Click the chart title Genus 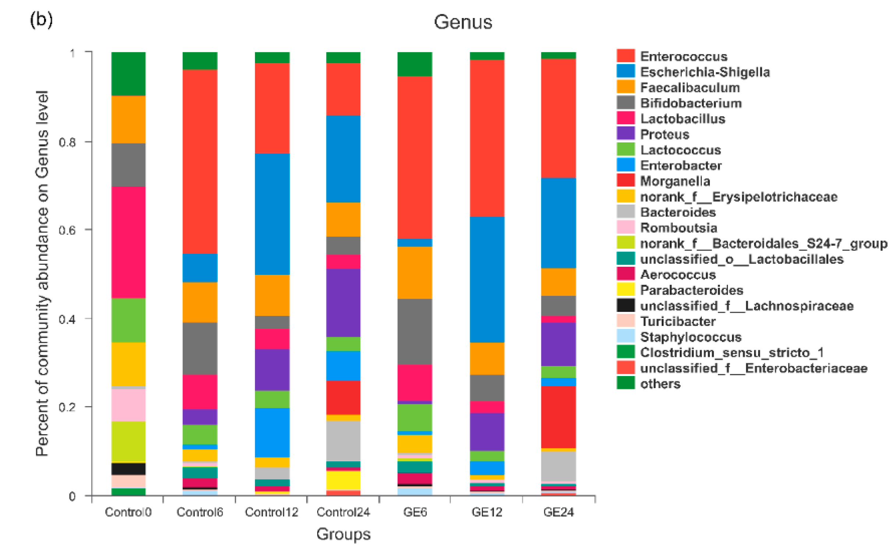[463, 22]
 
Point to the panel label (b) [41, 19]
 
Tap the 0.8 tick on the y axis [67, 142]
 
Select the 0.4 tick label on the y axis [67, 319]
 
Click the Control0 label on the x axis [128, 512]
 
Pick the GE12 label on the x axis [487, 512]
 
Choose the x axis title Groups [343, 534]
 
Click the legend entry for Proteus [664, 134]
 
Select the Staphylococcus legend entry [690, 337]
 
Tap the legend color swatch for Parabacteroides [626, 290]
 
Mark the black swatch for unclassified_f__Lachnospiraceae [626, 305]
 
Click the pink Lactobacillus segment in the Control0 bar [128, 242]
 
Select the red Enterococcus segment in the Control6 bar [200, 162]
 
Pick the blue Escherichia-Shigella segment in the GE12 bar [487, 279]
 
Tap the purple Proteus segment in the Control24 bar [343, 303]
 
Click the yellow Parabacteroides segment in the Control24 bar [343, 480]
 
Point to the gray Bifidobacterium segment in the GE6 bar [414, 331]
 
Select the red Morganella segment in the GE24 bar [558, 416]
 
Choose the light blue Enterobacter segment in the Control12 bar [272, 432]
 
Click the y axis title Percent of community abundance [42, 273]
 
